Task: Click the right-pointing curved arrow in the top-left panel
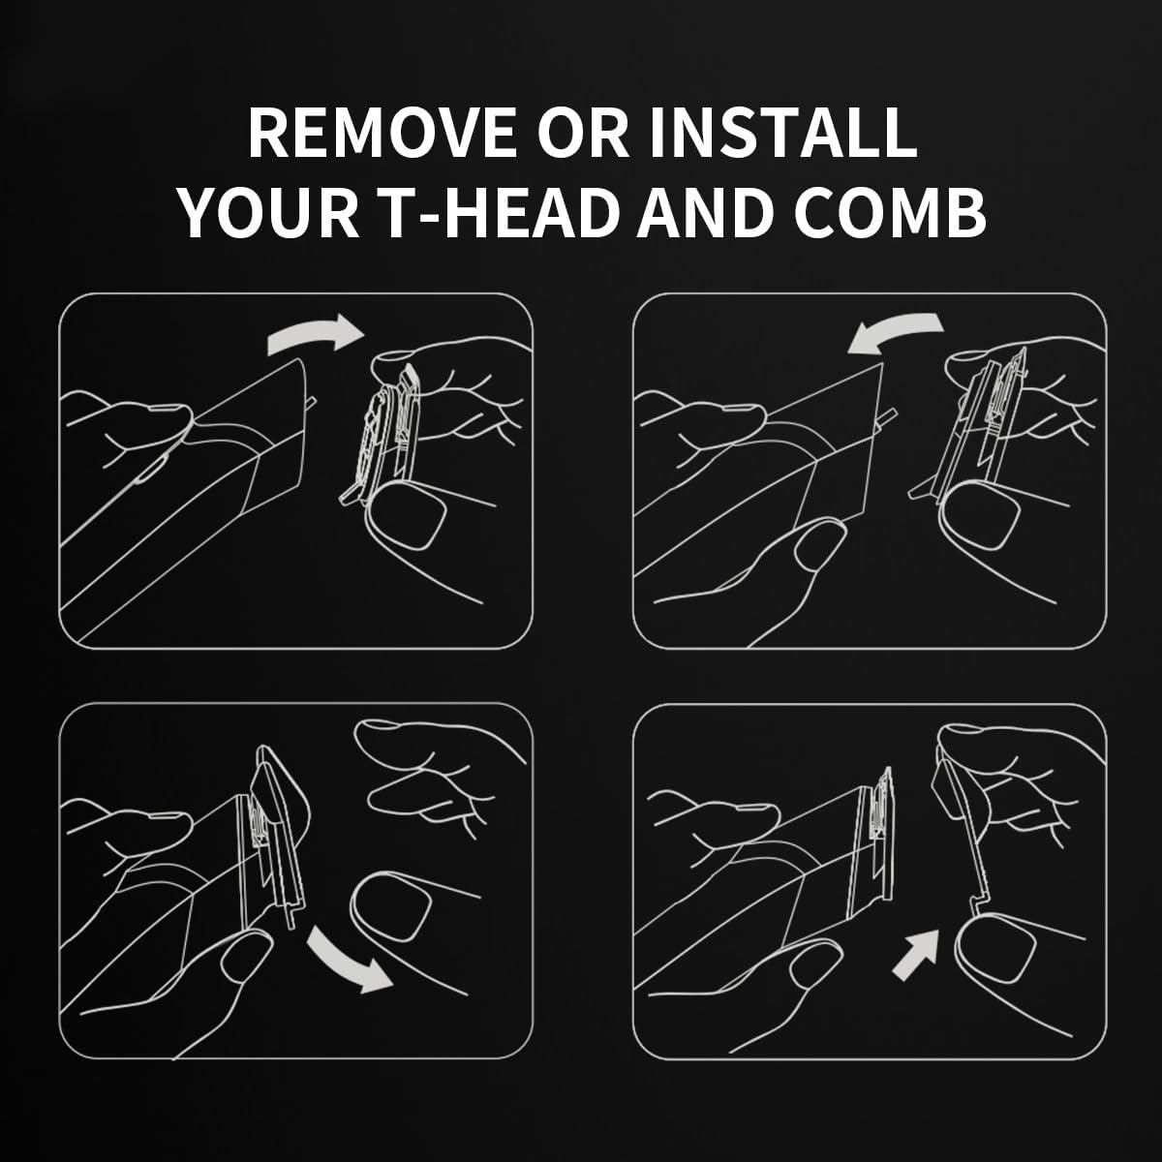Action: point(316,335)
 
